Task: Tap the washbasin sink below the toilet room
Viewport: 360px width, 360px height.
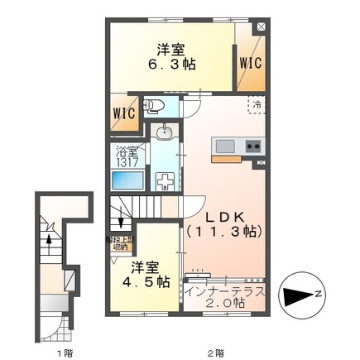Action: tap(164, 132)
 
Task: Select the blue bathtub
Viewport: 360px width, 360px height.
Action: tap(127, 181)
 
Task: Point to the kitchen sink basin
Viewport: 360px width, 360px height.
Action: tap(225, 146)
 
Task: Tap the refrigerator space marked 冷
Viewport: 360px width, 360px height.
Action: tap(256, 106)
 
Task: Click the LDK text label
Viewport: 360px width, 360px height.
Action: tap(223, 214)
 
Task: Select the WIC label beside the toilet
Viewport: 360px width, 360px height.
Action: tap(124, 115)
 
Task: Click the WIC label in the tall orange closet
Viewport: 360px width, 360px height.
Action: tap(251, 61)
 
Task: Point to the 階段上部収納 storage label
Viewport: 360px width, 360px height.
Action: tap(122, 242)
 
